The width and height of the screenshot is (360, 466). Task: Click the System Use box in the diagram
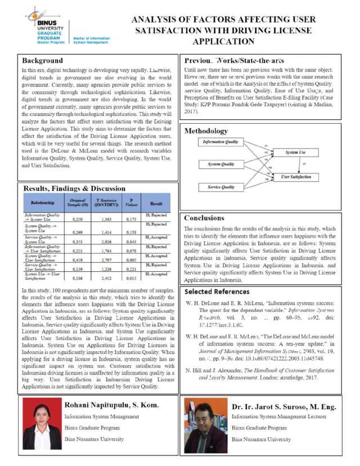click(296, 153)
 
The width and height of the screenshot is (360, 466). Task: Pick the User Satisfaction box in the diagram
click(296, 177)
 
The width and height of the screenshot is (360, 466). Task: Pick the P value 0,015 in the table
click(131, 277)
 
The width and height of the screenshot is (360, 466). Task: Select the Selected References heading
click(217, 292)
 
